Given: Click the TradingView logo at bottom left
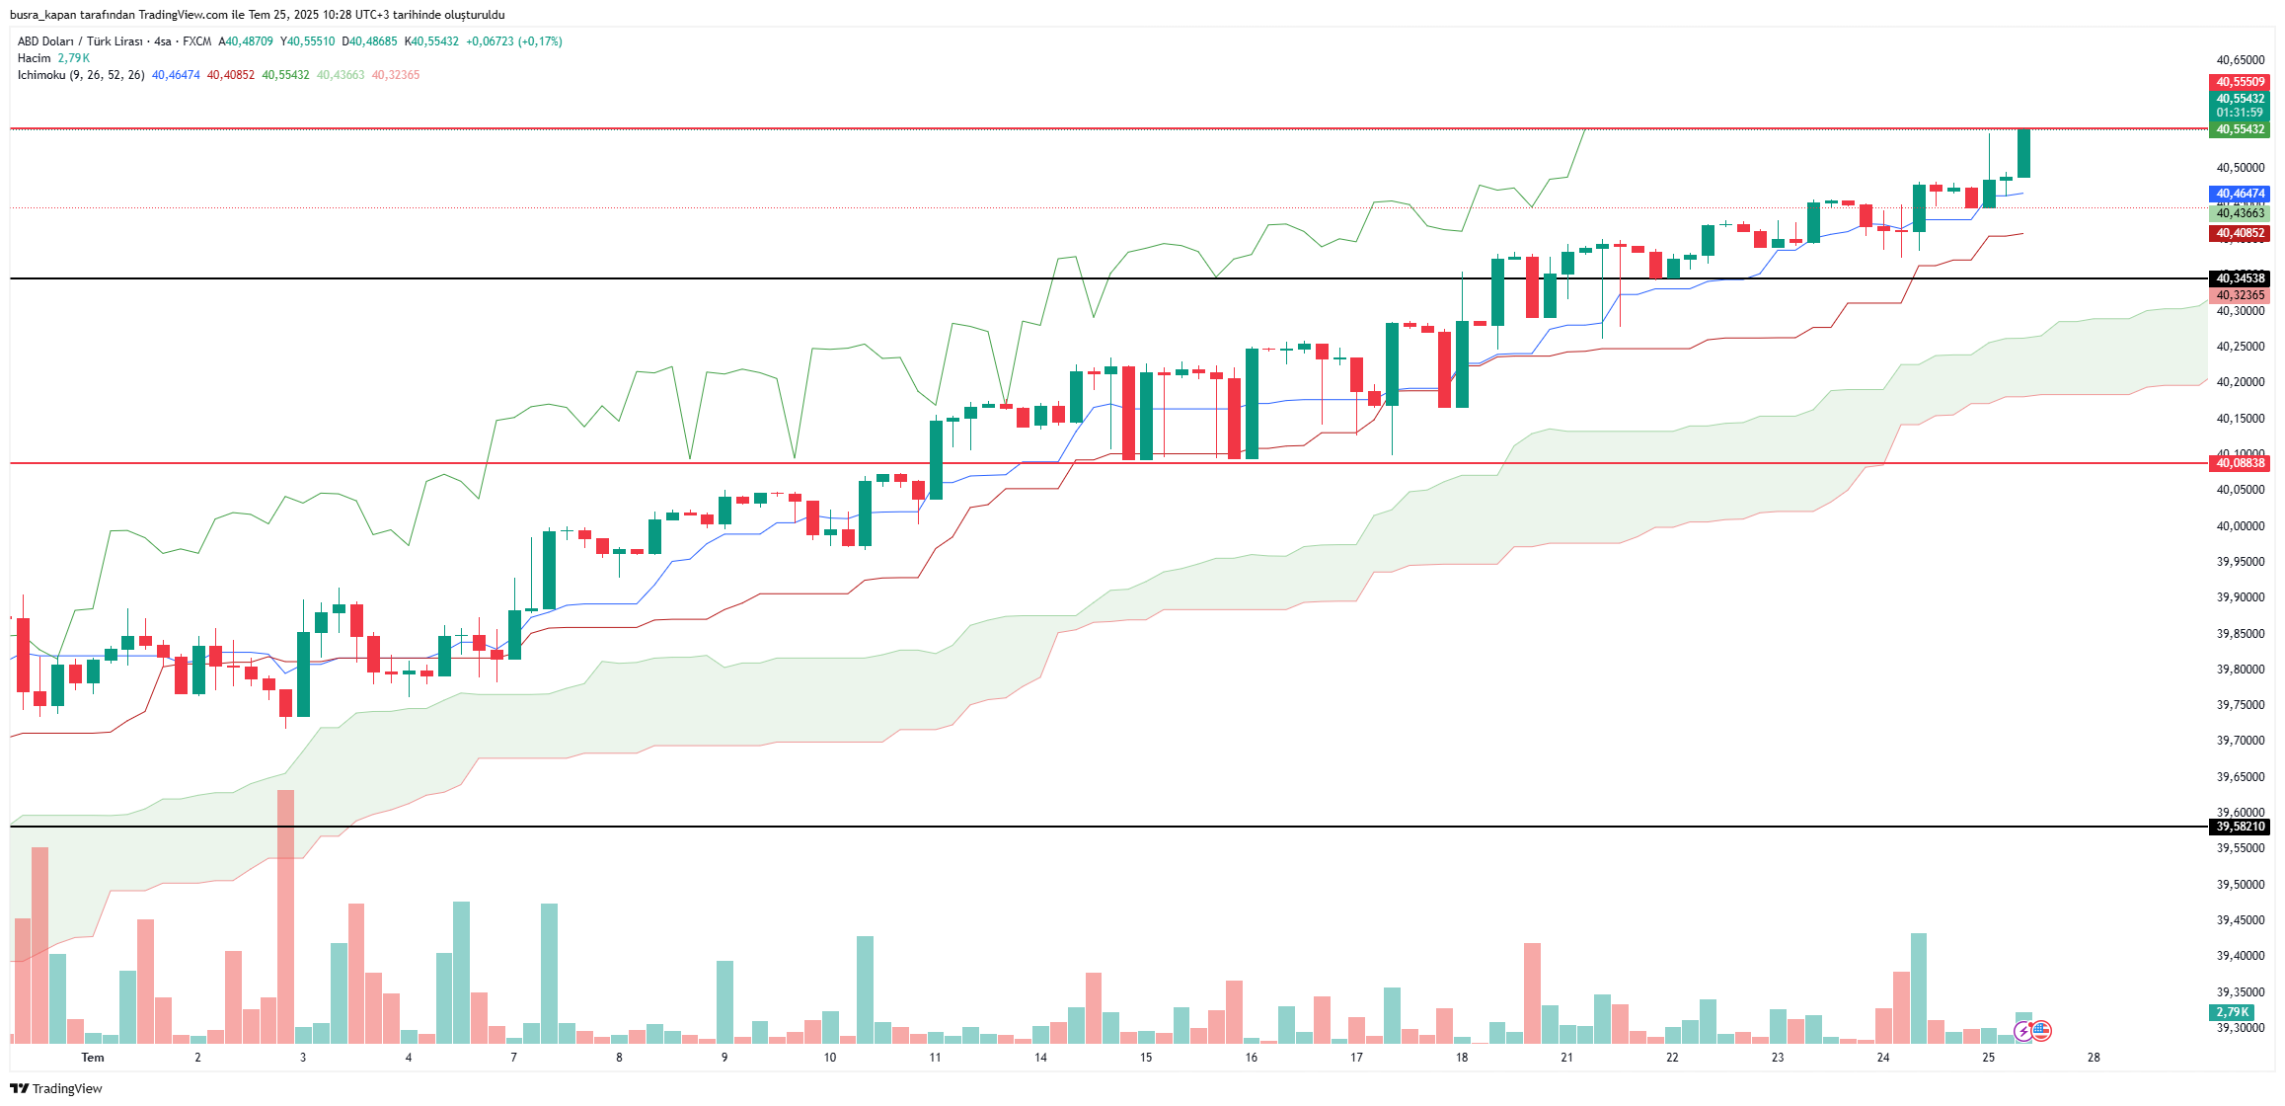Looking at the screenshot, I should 56,1088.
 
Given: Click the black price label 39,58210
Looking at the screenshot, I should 2240,827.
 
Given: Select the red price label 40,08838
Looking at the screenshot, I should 2240,463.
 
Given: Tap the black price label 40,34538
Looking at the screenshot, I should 2240,278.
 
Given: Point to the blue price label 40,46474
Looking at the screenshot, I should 2240,194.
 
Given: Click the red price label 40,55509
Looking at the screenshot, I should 2240,82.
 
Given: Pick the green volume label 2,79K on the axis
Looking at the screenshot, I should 2232,1012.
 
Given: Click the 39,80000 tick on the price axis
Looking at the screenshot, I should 2240,670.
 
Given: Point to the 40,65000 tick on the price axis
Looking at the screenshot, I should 2240,60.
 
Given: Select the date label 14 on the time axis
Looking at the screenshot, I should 1040,1058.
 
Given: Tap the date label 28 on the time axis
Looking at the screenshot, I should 2094,1058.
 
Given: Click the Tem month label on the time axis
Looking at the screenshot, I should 93,1058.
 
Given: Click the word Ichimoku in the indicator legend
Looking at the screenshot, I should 41,75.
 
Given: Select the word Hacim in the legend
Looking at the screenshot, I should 34,58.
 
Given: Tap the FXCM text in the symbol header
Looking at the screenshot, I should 196,41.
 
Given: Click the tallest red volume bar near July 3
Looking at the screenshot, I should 285,916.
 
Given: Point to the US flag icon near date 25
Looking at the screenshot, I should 2041,1031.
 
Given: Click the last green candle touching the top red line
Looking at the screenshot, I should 2023,153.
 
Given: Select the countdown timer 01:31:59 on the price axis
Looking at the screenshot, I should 2240,113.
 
